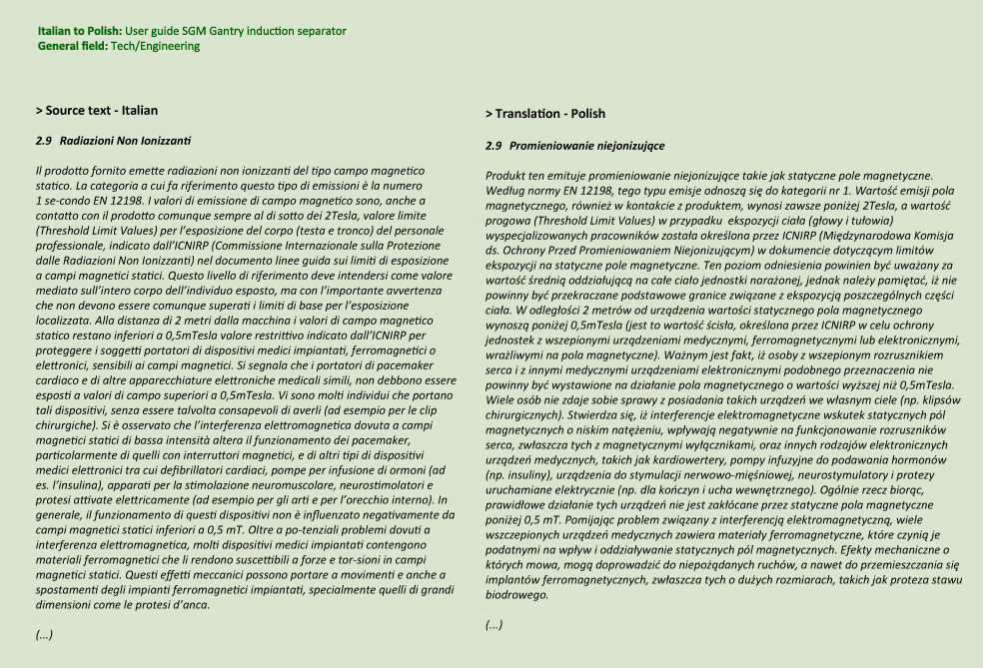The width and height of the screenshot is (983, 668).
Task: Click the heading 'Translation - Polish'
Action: click(x=548, y=114)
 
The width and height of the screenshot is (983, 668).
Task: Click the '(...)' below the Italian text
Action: click(x=44, y=635)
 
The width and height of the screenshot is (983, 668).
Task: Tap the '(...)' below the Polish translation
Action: click(x=493, y=625)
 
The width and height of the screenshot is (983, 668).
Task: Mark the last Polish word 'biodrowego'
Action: click(x=516, y=595)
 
